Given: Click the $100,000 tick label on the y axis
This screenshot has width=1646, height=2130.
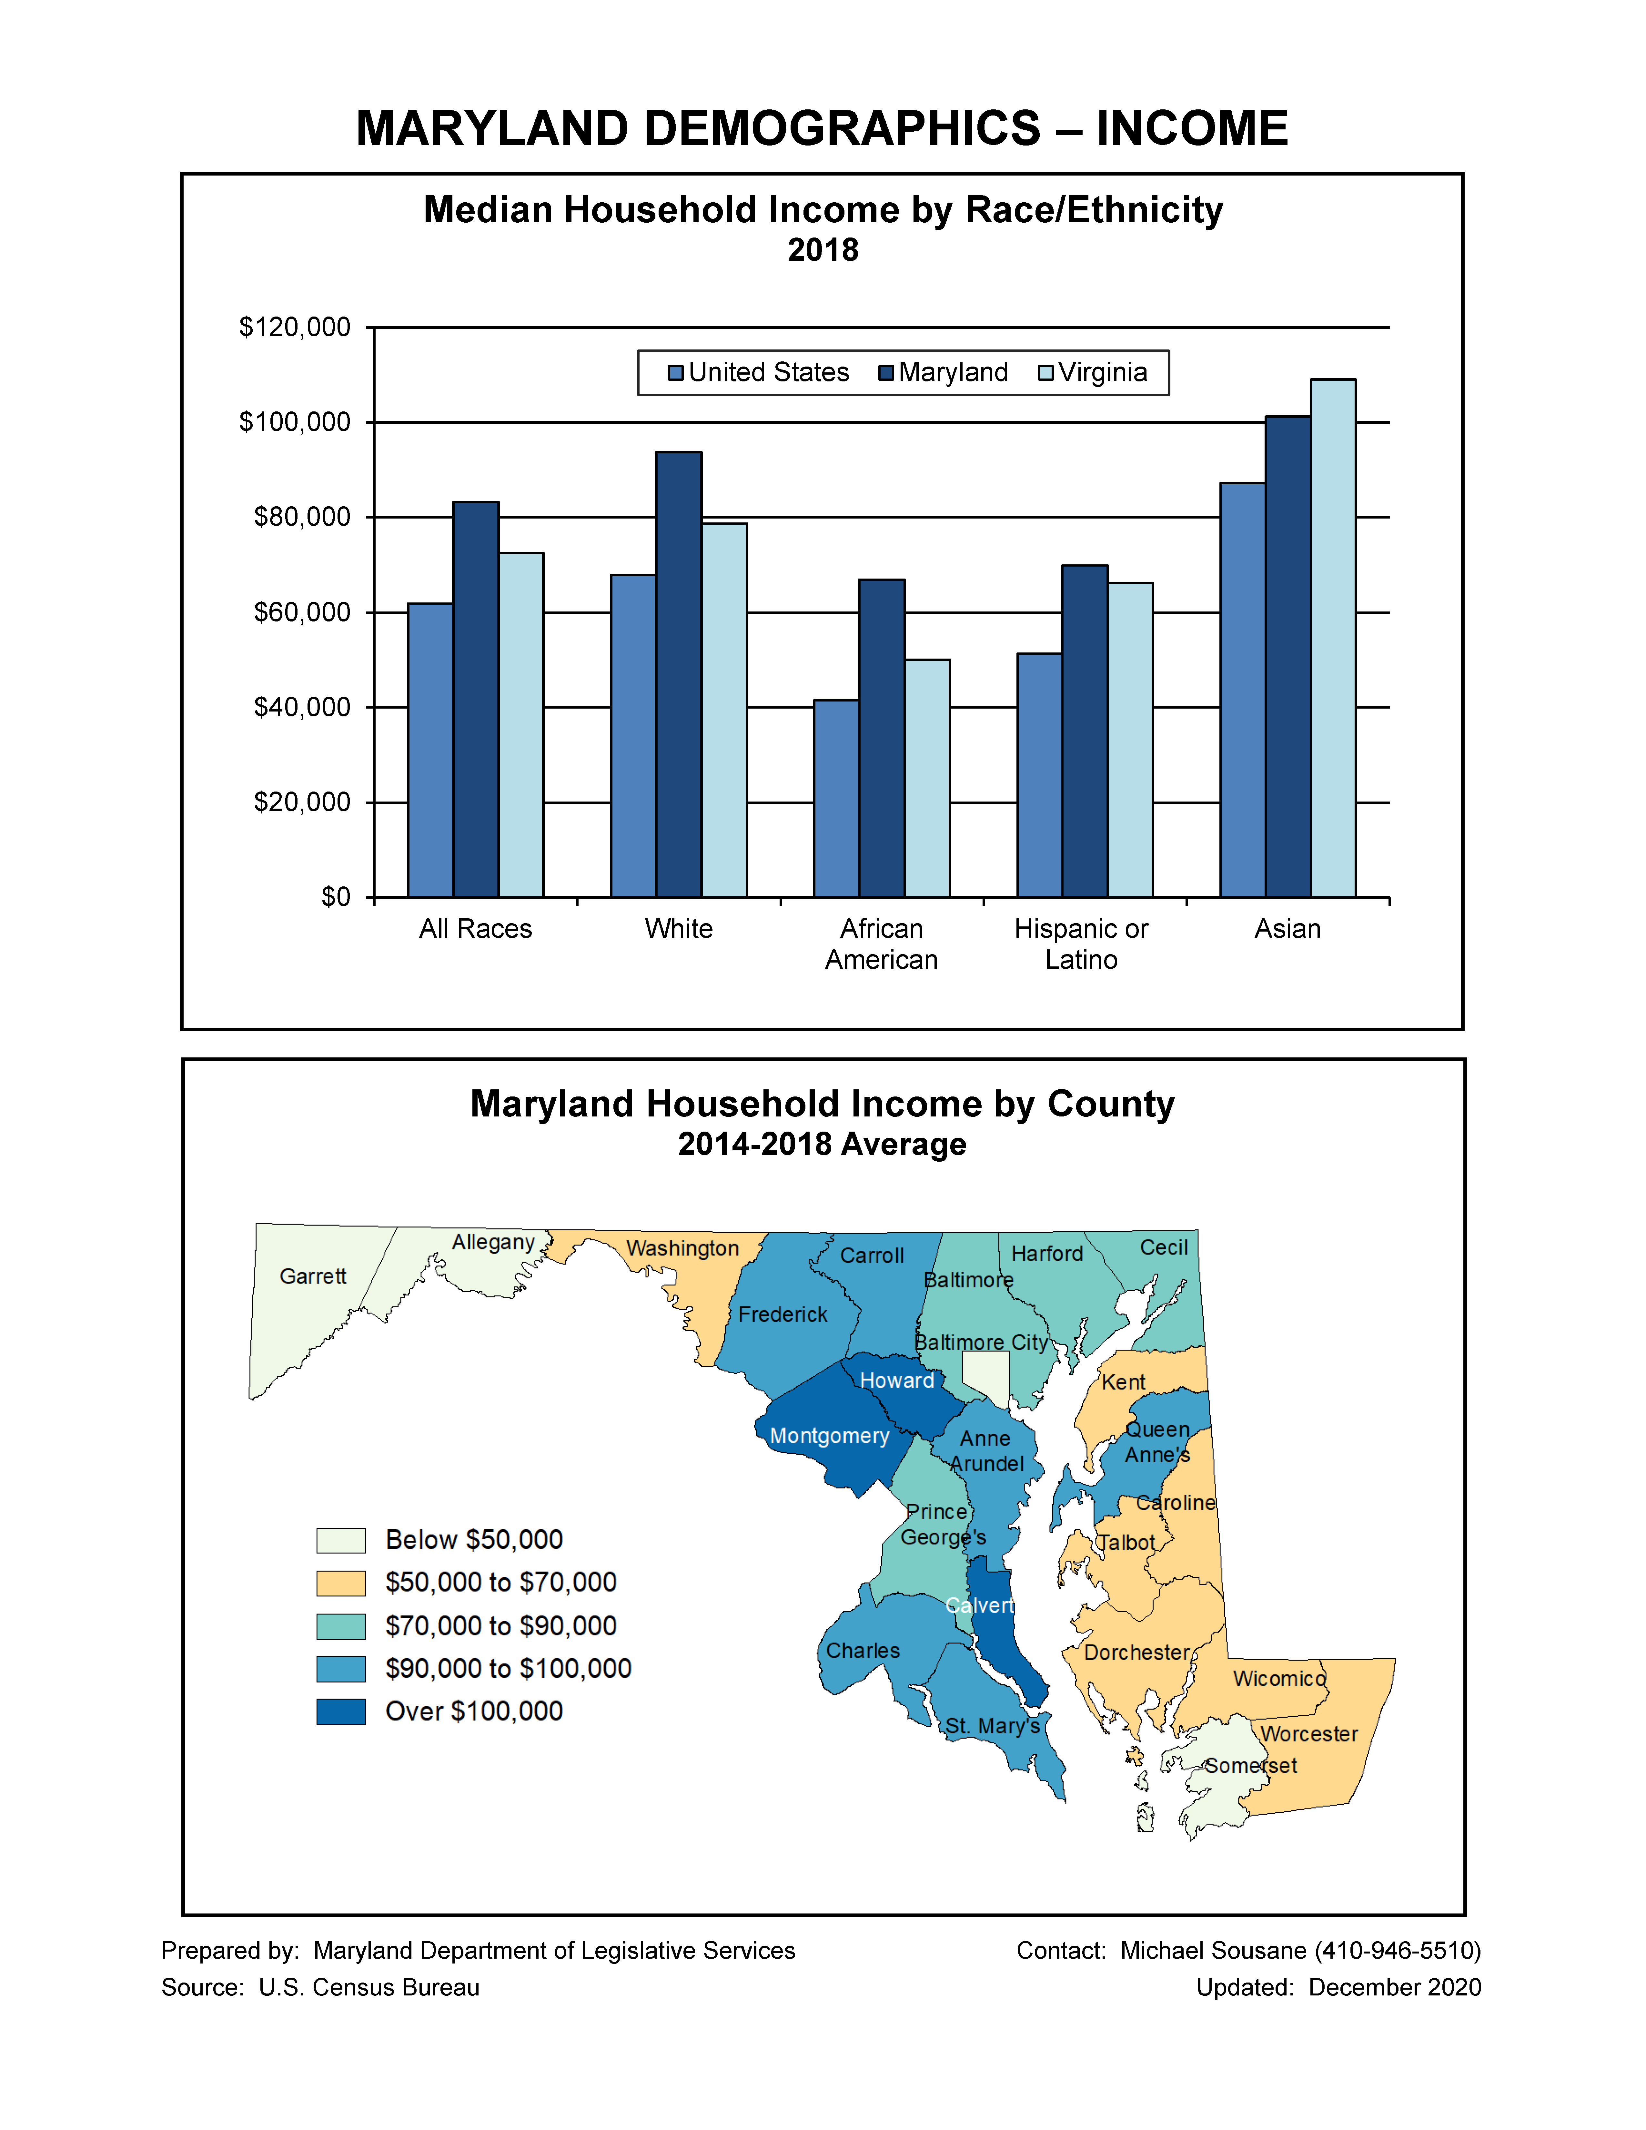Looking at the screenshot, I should pos(295,422).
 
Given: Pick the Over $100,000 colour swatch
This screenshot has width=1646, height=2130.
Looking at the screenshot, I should pos(340,1711).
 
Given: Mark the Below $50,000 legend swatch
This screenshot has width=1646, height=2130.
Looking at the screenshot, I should pos(340,1540).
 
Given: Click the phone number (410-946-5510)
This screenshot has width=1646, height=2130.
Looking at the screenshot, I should pos(1397,1951).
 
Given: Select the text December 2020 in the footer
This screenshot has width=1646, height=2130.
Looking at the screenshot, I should pos(1394,1988).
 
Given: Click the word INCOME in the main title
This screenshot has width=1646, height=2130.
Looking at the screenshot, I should pos(1192,129).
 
